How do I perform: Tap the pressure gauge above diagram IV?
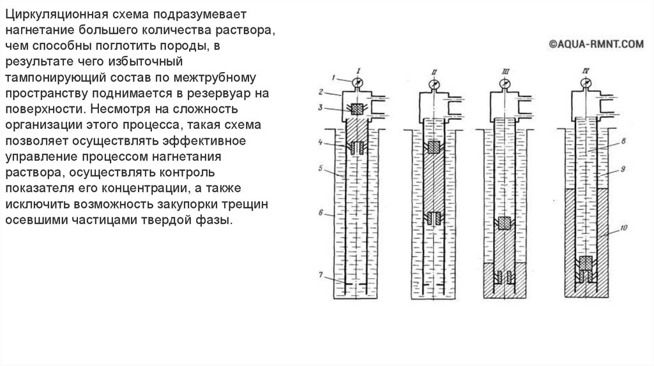tap(586, 82)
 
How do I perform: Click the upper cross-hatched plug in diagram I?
tap(356, 110)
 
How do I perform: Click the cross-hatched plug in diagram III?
tap(505, 223)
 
